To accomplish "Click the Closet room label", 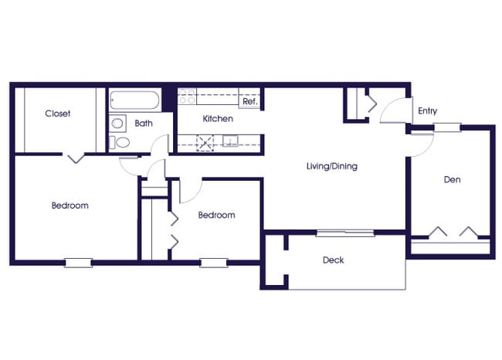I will pos(57,114).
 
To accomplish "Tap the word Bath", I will pos(144,123).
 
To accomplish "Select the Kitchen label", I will pos(218,119).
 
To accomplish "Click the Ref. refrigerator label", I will pos(249,101).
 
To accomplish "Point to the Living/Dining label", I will pos(332,166).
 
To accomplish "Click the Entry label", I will pos(427,111).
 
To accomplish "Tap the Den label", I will pos(452,180).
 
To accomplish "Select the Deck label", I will pos(334,260).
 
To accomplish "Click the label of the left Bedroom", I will pos(70,205).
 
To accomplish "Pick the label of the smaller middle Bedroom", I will pos(216,216).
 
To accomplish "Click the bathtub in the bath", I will pos(134,101).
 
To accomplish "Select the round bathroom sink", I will pos(117,123).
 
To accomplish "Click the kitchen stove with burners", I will pos(187,98).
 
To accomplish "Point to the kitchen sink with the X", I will pos(206,141).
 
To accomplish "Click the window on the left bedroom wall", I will pos(78,263).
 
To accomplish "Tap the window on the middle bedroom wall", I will pos(214,263).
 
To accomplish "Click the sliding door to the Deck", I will pos(345,232).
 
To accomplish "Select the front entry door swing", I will pos(394,112).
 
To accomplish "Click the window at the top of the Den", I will pos(446,127).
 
